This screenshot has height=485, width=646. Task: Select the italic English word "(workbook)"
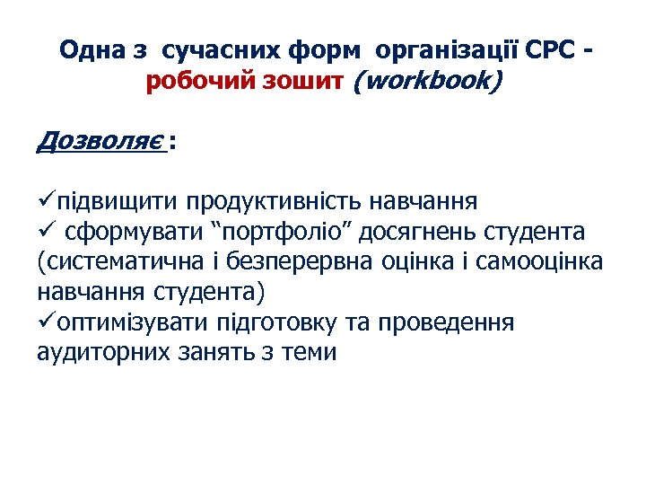tap(430, 82)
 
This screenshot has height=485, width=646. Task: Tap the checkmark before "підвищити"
tap(47, 199)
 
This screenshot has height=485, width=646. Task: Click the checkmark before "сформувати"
tap(46, 231)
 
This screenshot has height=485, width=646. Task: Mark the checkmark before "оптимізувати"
tap(47, 322)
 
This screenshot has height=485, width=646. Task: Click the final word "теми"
tap(310, 352)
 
